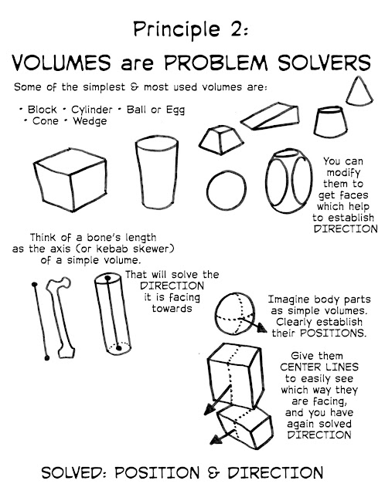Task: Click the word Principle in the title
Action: tap(176, 30)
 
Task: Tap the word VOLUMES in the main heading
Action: tap(61, 63)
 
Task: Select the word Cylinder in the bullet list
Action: tap(91, 110)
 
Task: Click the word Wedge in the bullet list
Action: tap(90, 121)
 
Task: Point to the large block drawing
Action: tap(70, 180)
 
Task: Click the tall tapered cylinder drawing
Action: tap(157, 172)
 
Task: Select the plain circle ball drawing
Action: tap(227, 191)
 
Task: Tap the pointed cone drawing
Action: tap(359, 91)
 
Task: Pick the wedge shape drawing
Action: tap(270, 117)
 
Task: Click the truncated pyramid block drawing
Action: tap(221, 140)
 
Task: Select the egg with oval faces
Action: tap(288, 181)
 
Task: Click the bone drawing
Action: tap(61, 317)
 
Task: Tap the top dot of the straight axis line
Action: tap(34, 285)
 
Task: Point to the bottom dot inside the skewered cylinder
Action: tap(118, 348)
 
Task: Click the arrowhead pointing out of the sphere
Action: tap(261, 328)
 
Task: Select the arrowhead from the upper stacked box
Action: tap(209, 409)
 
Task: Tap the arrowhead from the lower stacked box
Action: tap(216, 439)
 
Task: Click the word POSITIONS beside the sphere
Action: tap(333, 333)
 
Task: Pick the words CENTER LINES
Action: tap(319, 367)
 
